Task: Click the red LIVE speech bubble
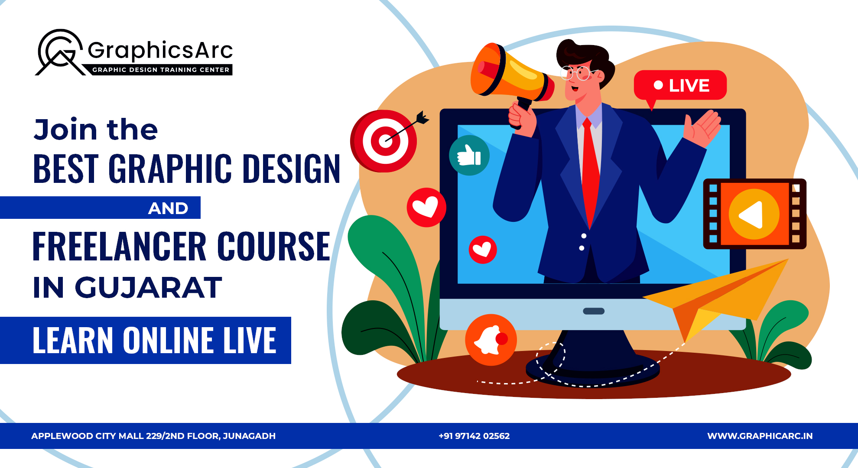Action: tap(680, 85)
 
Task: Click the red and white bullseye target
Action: tap(384, 141)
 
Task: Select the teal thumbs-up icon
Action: tap(469, 155)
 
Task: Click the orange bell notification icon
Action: tap(491, 340)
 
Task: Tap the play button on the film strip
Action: tap(754, 214)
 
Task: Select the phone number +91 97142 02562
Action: tap(474, 436)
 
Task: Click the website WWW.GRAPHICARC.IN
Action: tap(760, 436)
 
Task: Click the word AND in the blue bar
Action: tap(168, 208)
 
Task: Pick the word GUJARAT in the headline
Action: tap(149, 288)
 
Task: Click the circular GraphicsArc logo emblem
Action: tap(60, 52)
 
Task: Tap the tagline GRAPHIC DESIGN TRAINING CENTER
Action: tap(161, 70)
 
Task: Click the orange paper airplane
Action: tap(719, 295)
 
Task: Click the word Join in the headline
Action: tap(65, 130)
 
